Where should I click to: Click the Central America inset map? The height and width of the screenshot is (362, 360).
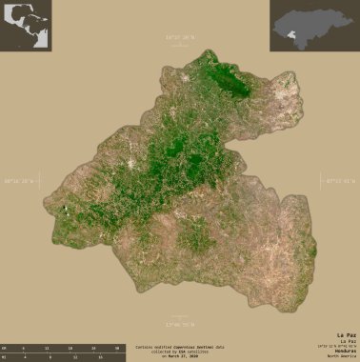[27, 26]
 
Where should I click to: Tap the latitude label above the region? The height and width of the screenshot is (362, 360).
[179, 37]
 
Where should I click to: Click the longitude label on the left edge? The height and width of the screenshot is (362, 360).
[21, 181]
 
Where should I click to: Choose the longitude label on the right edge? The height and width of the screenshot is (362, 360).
[339, 181]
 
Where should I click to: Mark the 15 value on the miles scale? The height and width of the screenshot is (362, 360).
[100, 357]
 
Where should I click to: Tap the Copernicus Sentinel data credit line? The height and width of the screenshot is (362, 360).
[180, 347]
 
